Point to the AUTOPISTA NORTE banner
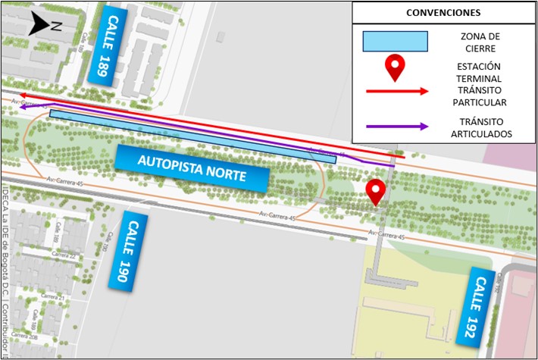point(192,167)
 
